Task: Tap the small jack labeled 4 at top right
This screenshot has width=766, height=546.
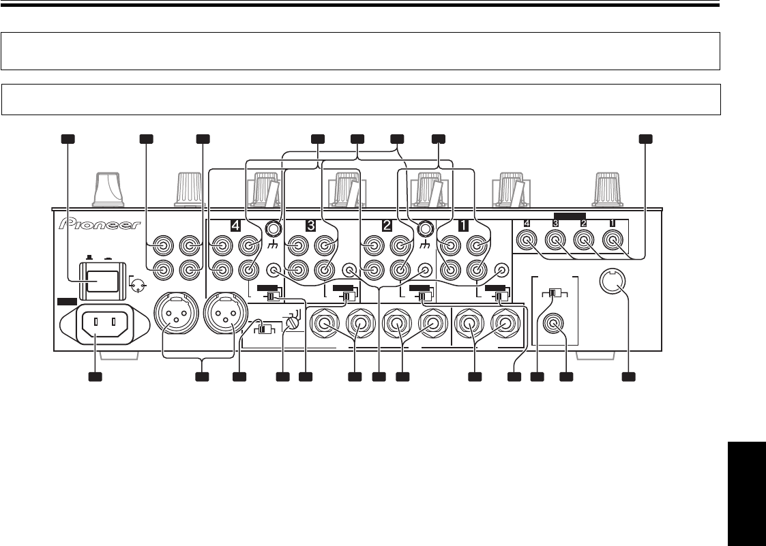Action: (x=526, y=239)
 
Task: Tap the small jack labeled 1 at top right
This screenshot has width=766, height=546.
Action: (x=615, y=239)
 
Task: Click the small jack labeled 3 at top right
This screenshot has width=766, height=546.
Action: (x=555, y=239)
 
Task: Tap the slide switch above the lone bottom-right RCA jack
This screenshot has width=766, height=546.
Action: (x=555, y=294)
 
